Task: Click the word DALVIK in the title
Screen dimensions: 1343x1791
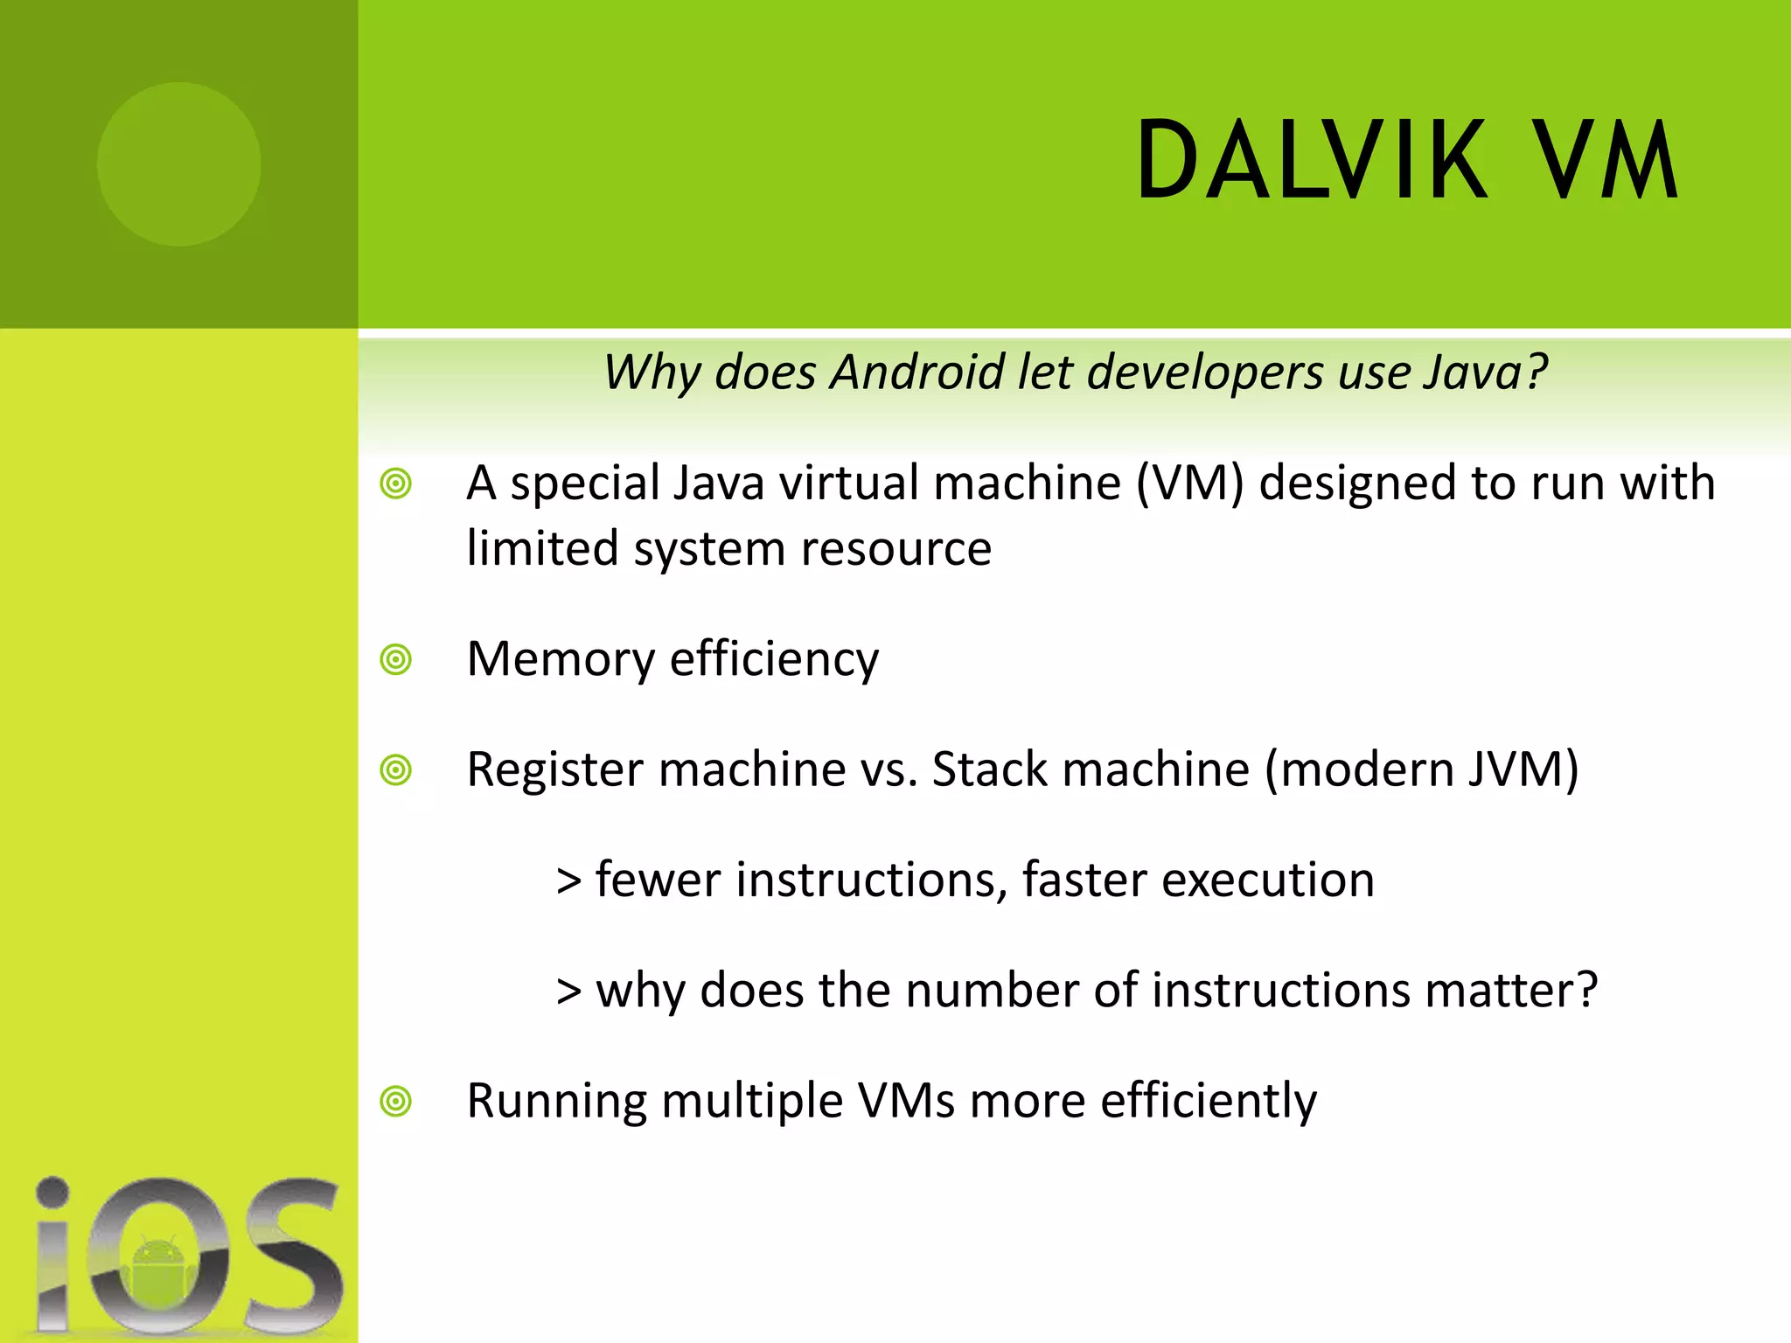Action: click(x=1311, y=161)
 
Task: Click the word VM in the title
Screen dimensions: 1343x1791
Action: click(x=1607, y=161)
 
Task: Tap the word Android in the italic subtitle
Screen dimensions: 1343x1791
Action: click(x=917, y=372)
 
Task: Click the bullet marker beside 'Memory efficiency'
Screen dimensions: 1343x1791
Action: click(x=396, y=659)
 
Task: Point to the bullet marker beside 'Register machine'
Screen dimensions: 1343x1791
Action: click(x=396, y=770)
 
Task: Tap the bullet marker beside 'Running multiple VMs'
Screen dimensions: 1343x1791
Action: click(x=396, y=1101)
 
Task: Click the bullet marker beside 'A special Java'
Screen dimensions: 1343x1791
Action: click(x=396, y=484)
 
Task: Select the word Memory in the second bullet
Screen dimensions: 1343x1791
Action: click(x=561, y=659)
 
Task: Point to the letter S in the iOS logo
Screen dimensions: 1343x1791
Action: click(x=293, y=1255)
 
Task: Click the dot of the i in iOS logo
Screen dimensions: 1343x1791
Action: click(x=52, y=1191)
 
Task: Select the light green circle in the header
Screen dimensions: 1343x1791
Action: click(x=179, y=164)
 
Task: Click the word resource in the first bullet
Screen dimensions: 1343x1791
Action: click(x=895, y=549)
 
